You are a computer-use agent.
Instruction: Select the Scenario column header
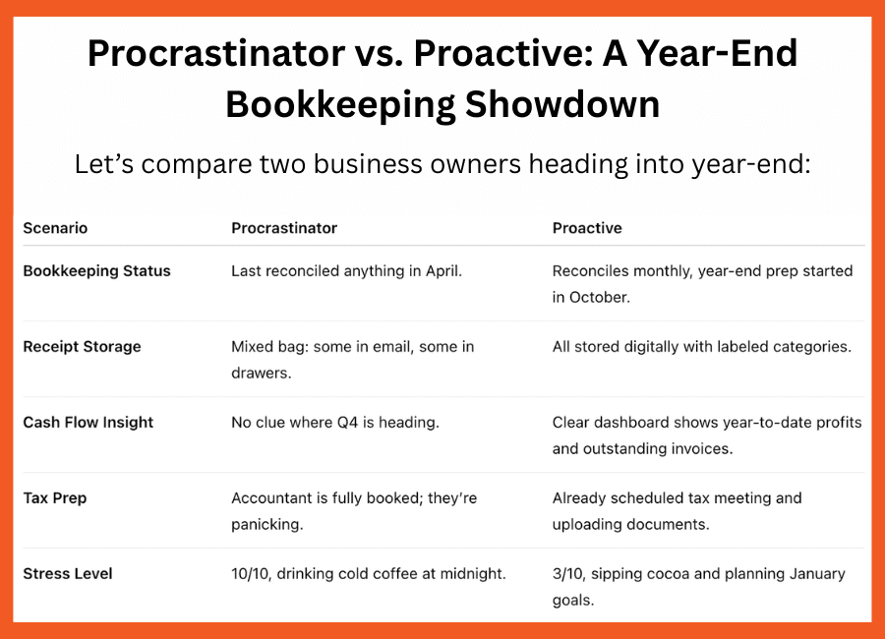(x=55, y=228)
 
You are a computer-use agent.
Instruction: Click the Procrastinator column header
(x=284, y=228)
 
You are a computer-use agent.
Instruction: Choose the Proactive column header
(x=587, y=228)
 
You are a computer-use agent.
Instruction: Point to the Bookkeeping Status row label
(x=96, y=271)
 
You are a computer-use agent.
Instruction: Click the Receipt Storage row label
(x=82, y=347)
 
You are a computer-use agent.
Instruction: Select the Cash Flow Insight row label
(x=88, y=423)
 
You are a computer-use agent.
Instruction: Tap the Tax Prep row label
(x=55, y=498)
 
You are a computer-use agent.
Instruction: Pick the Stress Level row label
(x=68, y=574)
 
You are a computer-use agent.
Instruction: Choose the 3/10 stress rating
(x=568, y=574)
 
